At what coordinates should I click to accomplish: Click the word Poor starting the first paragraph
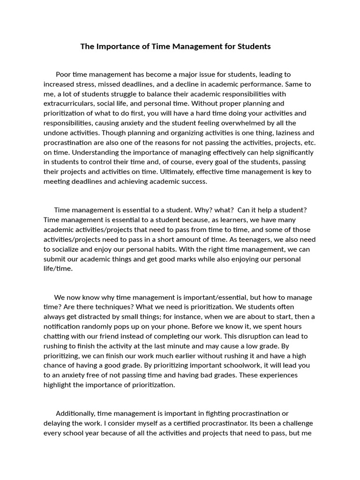coord(64,75)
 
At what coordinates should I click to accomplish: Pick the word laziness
coord(286,133)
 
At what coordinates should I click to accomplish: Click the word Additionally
coord(75,413)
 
